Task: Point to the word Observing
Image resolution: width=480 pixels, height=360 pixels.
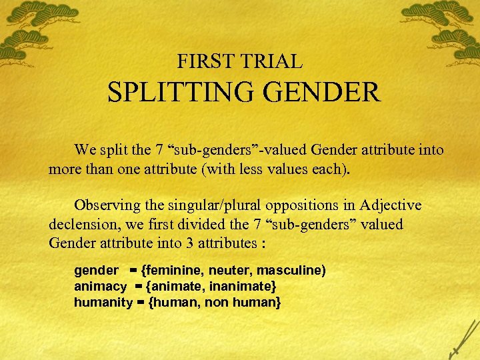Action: click(107, 206)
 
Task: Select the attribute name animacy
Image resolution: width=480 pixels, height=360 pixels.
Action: click(100, 286)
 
